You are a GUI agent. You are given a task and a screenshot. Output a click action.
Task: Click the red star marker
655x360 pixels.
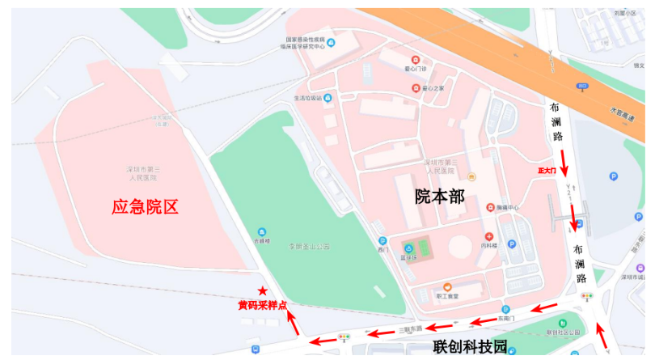point(262,290)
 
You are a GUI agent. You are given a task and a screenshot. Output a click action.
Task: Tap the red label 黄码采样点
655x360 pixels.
point(262,305)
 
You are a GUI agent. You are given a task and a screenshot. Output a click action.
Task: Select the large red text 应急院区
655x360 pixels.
point(145,207)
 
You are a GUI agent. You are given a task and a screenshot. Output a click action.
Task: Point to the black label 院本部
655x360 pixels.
point(440,196)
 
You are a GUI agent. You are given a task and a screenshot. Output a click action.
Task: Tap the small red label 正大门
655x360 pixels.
point(547,171)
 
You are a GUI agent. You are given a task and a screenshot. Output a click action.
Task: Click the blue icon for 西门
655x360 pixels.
point(382,240)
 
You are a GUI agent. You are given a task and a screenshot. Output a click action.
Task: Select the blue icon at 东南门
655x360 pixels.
point(505,310)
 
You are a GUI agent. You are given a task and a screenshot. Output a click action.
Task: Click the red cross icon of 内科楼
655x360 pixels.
point(488,235)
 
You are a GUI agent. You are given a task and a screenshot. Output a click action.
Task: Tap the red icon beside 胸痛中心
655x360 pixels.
point(490,208)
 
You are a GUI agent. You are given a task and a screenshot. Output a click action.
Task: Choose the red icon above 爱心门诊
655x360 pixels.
point(416,60)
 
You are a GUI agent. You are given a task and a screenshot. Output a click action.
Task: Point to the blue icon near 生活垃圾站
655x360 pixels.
point(327,98)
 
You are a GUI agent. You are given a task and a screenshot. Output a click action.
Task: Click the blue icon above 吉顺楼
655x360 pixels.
point(260,232)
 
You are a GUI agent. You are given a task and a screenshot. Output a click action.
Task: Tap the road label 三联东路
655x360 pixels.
point(411,329)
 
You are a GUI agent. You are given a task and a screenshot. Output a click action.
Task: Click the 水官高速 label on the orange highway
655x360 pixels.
point(622,113)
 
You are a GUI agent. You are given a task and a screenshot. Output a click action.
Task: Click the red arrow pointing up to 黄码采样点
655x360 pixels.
point(294,323)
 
